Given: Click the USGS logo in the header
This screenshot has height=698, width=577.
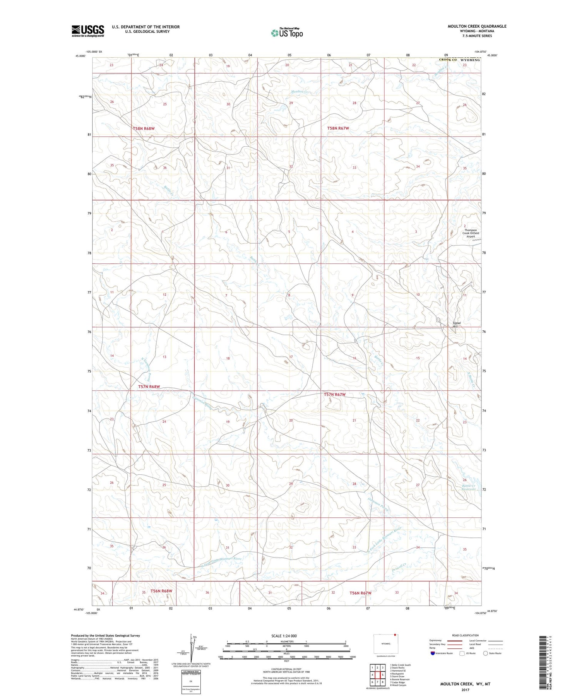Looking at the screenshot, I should pos(88,31).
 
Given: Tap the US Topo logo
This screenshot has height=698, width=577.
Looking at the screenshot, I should pos(287,33).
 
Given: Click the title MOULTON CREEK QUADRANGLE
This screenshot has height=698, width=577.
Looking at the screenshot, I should pos(477,26).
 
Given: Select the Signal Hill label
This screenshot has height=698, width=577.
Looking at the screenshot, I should pos(456,325).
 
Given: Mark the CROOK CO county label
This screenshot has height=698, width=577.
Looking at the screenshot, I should pos(448,60).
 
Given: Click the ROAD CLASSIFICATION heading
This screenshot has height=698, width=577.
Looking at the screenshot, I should pos(465,635).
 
